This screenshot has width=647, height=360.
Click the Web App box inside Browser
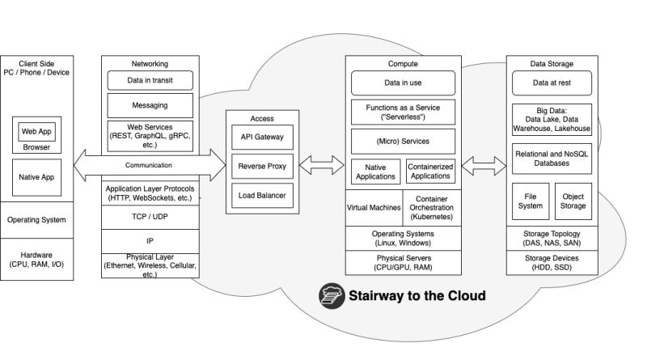coord(36,131)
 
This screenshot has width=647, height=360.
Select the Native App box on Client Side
coord(36,177)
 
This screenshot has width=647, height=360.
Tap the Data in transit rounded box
coord(150,80)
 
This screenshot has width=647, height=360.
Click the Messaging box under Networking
coord(150,105)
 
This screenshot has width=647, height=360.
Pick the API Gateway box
coord(256,138)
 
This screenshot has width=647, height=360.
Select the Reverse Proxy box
coord(256,166)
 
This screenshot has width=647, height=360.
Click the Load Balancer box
coord(256,195)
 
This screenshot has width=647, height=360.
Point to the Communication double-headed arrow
coord(149,165)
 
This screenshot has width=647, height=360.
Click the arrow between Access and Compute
coord(322,166)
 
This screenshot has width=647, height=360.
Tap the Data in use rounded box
coord(403,83)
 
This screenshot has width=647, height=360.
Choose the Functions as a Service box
coord(403,112)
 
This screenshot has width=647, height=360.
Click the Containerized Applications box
coord(430,171)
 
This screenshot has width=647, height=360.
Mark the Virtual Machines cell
coord(374,207)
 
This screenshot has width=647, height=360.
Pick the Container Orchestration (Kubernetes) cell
coord(432,207)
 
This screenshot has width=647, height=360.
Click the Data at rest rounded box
coord(552,83)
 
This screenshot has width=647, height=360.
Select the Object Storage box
coord(573,201)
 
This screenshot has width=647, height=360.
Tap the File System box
coord(531,201)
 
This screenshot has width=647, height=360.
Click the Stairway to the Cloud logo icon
coord(331,295)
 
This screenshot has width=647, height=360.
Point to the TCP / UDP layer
coord(150,218)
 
